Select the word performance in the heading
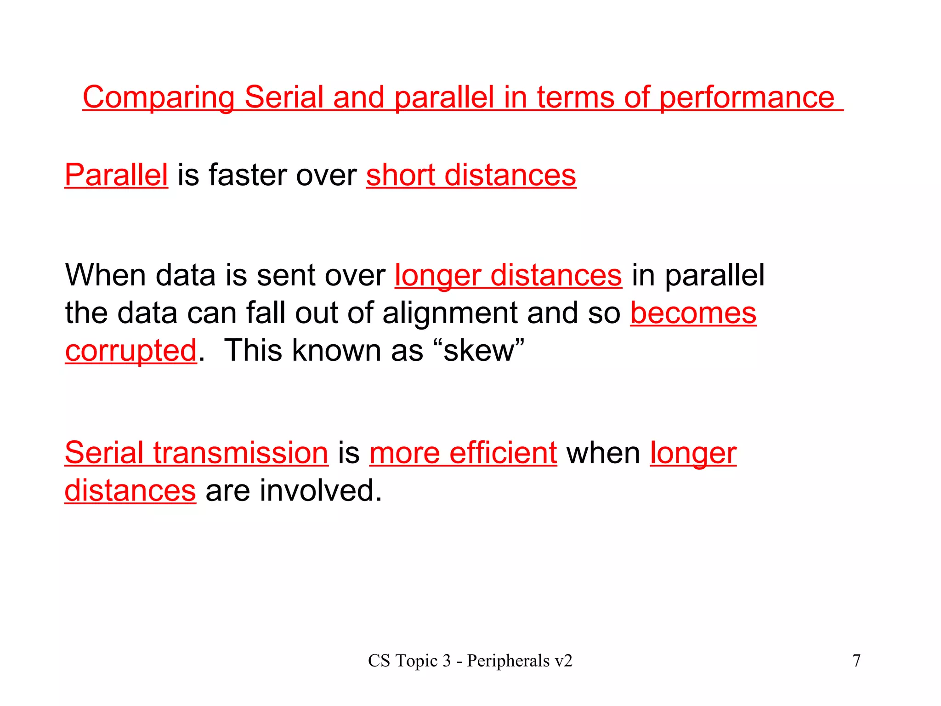(x=747, y=98)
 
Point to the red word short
(x=401, y=175)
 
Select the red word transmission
(x=241, y=453)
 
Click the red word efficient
(x=503, y=453)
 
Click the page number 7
(x=856, y=661)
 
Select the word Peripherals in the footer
(x=508, y=661)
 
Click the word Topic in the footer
(x=417, y=661)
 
